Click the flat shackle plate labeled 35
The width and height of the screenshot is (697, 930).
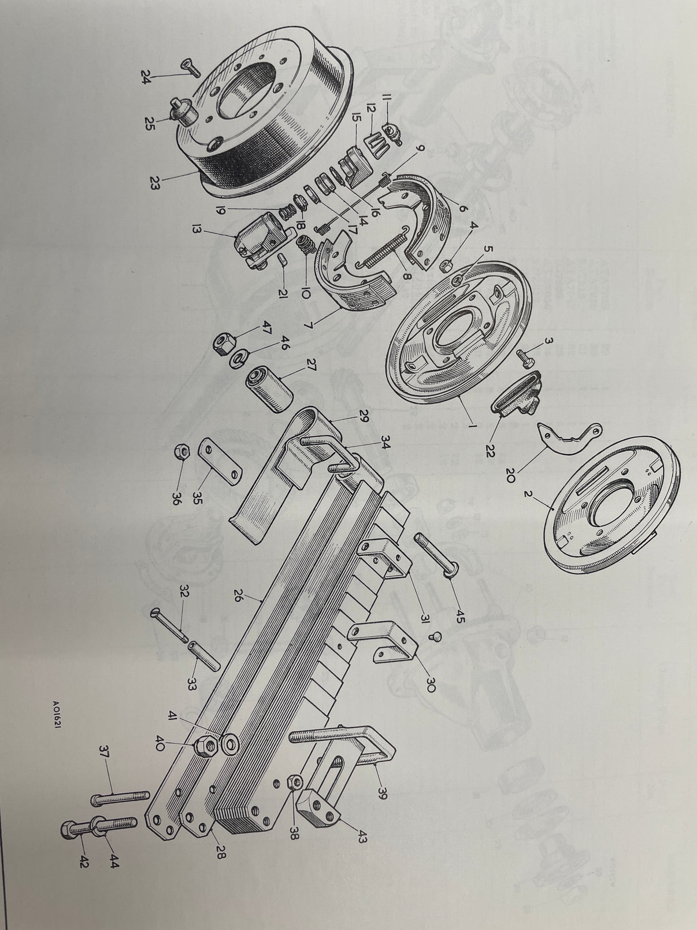point(219,461)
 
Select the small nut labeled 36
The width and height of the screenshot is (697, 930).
point(181,453)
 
